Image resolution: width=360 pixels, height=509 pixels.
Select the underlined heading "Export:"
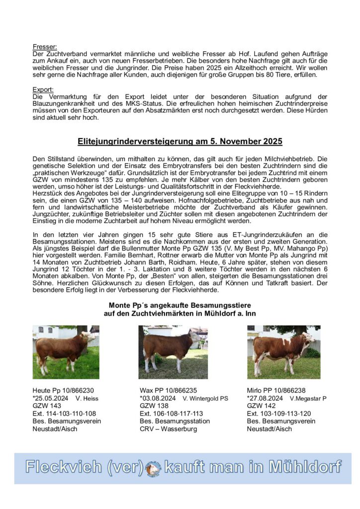(x=42, y=90)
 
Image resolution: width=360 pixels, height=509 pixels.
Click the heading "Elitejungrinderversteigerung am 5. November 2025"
(x=180, y=142)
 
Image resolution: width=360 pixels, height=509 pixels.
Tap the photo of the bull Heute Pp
(x=66, y=351)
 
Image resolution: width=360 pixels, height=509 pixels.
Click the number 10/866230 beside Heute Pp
(x=77, y=391)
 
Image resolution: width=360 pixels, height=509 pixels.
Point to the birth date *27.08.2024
(x=265, y=399)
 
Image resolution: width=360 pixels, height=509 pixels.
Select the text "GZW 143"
(x=46, y=406)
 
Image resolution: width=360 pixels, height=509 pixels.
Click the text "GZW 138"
(x=154, y=406)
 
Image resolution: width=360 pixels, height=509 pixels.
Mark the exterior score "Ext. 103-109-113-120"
(x=279, y=414)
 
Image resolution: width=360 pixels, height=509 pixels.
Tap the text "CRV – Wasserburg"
(x=168, y=428)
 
